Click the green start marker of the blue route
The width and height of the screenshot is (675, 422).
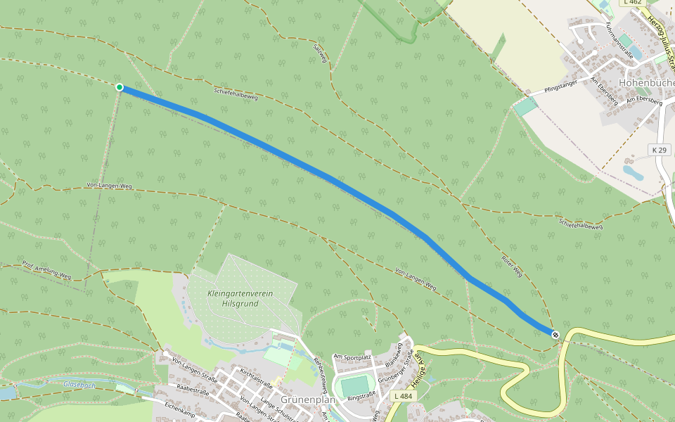pos(120,87)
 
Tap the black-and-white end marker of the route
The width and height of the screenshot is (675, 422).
pos(555,335)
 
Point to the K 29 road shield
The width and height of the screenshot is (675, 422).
pos(659,151)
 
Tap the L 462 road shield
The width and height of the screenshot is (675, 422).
pos(632,3)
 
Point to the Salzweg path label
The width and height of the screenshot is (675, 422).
pos(320,54)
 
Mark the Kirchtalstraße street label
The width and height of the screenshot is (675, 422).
pos(256,377)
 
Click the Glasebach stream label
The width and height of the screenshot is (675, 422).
pos(78,384)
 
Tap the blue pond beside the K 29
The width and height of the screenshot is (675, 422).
pos(632,171)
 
